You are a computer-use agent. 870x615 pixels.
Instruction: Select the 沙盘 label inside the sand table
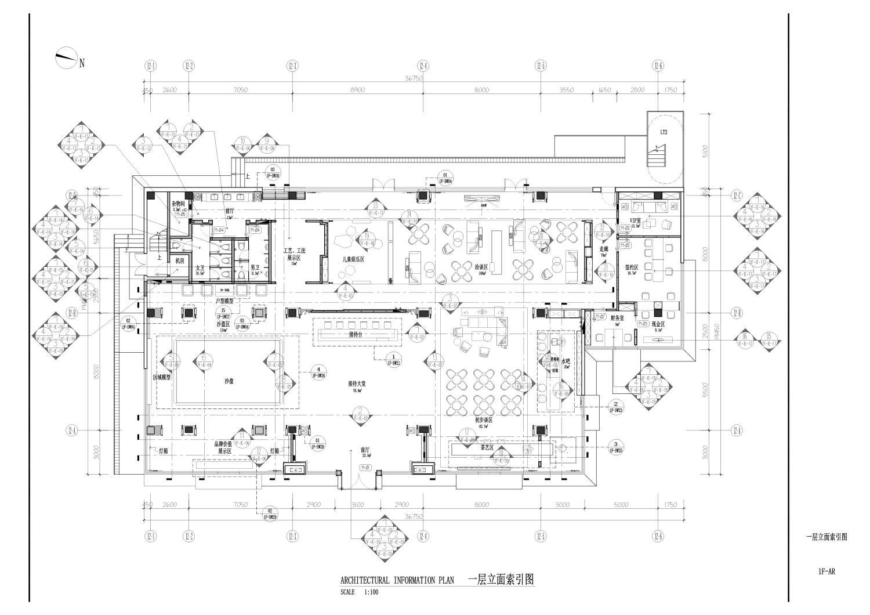pos(229,381)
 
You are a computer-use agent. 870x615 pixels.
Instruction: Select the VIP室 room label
pos(636,221)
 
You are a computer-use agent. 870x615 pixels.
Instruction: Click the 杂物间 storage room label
pos(178,204)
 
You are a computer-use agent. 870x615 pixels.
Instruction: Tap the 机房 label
pos(180,261)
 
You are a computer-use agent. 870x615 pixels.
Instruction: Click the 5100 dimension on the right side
pos(705,151)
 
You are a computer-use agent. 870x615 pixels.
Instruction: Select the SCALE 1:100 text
pos(360,592)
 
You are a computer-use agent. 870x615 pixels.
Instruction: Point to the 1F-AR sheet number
pos(826,572)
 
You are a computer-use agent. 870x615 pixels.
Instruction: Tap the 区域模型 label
pos(162,377)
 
